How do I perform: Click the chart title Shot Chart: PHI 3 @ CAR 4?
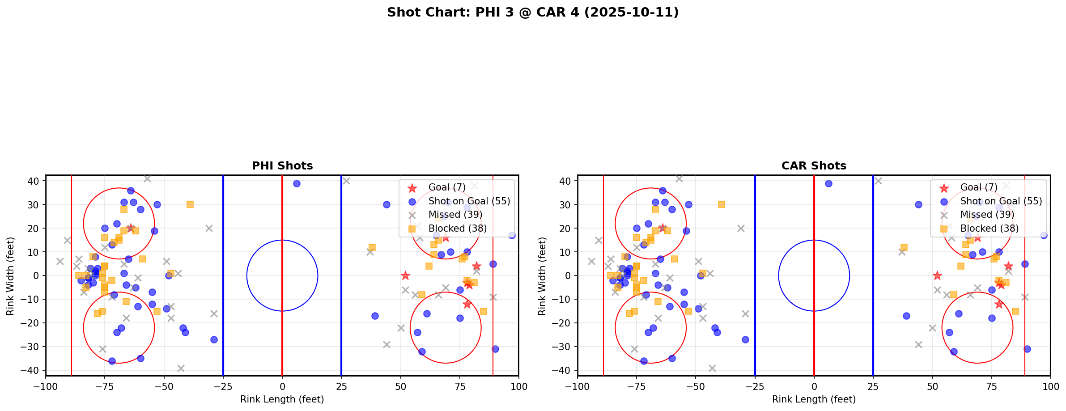(x=533, y=13)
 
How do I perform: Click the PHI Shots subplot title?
(x=282, y=166)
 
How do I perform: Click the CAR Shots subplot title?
(x=814, y=166)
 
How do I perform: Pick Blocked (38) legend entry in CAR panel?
(x=989, y=229)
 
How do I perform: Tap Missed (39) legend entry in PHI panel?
(x=455, y=215)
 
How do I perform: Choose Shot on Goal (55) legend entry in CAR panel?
(x=1001, y=201)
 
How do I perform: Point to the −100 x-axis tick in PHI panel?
(x=46, y=386)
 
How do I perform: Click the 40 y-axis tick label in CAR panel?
(x=565, y=181)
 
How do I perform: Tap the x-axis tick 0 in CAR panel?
(x=814, y=386)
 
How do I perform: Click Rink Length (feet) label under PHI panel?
(x=282, y=399)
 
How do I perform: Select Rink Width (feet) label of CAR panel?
(x=542, y=276)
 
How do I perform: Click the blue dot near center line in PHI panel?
(x=297, y=183)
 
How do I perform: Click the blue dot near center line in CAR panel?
(x=828, y=183)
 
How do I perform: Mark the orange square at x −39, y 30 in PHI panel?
(x=190, y=204)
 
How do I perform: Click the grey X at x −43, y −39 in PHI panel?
(x=181, y=368)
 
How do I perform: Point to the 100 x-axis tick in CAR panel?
(x=1050, y=386)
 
